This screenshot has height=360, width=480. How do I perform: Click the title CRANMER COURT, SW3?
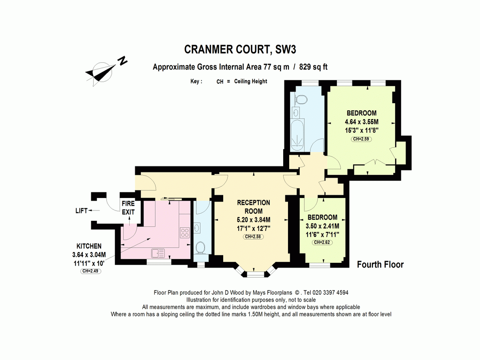click(240, 49)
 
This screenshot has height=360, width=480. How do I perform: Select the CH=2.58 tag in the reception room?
click(253, 237)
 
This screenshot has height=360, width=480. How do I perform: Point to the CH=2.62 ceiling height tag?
click(323, 242)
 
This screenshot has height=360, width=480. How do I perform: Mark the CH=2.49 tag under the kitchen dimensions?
click(91, 271)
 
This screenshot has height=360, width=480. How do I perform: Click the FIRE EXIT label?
click(128, 208)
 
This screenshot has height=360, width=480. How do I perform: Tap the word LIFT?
click(81, 211)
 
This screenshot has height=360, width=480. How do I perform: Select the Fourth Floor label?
click(380, 264)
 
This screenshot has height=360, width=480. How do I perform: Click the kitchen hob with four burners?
click(185, 232)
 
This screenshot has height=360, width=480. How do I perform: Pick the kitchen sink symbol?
click(158, 253)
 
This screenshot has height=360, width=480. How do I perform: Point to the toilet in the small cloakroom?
click(200, 248)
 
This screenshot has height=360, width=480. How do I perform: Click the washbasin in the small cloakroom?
click(197, 228)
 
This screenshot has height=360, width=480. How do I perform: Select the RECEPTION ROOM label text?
click(253, 207)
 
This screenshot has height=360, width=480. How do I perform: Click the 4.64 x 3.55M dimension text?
click(361, 122)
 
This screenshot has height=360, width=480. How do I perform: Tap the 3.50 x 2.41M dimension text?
click(322, 226)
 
